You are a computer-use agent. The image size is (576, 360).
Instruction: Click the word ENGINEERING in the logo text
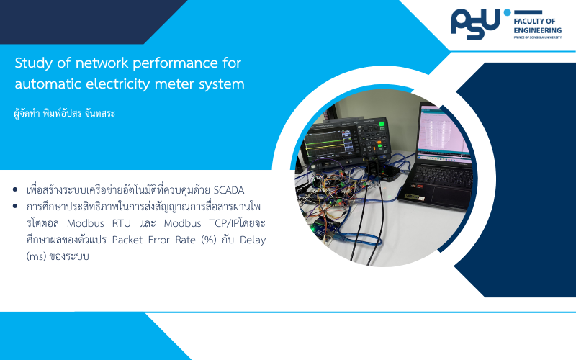[537, 30]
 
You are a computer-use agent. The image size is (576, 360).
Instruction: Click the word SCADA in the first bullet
[229, 190]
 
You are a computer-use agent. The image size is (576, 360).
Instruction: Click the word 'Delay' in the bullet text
[253, 240]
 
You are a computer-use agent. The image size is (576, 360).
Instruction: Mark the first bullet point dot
[15, 189]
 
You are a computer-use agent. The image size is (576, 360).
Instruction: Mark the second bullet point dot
[15, 206]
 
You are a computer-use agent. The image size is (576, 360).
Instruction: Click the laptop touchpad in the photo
[451, 194]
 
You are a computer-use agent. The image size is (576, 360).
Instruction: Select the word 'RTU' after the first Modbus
[121, 223]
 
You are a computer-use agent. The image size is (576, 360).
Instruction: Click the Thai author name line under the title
[64, 113]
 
